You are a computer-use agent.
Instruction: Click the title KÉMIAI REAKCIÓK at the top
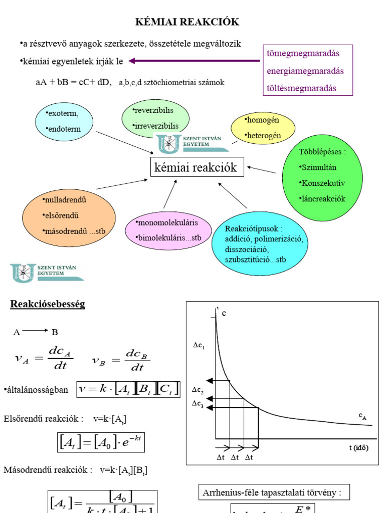click(x=188, y=22)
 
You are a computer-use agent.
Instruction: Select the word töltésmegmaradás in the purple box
click(x=301, y=88)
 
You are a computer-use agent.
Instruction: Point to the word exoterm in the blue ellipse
click(x=62, y=113)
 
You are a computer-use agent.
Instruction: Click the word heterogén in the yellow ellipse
click(x=263, y=135)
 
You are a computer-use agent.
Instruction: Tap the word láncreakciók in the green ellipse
click(x=322, y=199)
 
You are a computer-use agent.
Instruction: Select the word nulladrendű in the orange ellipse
click(x=65, y=200)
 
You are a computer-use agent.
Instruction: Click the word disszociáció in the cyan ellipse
click(x=247, y=249)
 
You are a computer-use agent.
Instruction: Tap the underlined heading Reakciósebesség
click(x=48, y=304)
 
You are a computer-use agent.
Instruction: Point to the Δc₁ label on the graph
click(x=199, y=346)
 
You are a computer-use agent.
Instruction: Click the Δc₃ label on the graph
click(x=198, y=405)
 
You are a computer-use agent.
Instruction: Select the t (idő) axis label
click(x=358, y=448)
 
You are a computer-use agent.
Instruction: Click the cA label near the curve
click(x=363, y=416)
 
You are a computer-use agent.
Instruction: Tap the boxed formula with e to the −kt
click(x=101, y=442)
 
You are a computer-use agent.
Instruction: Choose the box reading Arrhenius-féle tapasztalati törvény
click(x=272, y=492)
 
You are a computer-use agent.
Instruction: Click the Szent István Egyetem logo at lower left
click(x=47, y=272)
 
